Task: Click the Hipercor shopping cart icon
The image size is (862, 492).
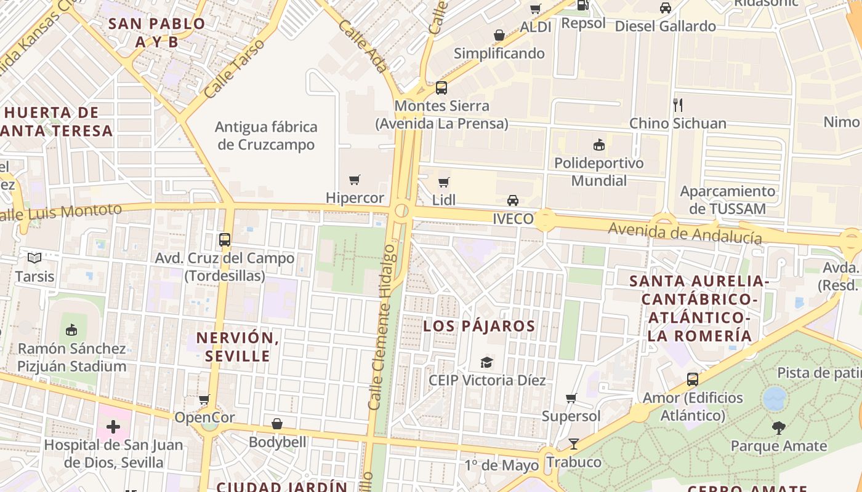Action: point(354,180)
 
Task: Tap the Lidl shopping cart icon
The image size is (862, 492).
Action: point(443,182)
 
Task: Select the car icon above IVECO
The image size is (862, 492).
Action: point(512,200)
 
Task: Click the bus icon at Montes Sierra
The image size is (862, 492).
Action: point(441,88)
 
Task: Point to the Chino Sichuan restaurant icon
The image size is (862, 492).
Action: point(678,105)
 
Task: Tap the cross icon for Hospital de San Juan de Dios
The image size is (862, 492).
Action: point(113,426)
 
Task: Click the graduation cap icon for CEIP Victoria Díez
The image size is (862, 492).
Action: point(487,362)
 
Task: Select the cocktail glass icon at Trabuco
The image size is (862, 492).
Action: point(574,444)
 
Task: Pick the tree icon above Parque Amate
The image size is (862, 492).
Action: point(779,428)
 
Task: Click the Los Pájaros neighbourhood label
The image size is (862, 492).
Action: point(479,326)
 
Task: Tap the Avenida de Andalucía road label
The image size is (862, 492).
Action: point(685,233)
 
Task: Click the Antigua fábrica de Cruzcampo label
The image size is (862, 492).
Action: point(266,136)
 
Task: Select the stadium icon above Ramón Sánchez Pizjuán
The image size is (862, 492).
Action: point(71,330)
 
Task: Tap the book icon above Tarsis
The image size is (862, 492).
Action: point(34,258)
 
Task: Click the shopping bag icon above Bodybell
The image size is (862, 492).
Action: point(277,424)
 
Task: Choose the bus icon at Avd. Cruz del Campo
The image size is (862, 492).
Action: point(225,240)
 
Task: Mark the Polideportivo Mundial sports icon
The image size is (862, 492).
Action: point(598,145)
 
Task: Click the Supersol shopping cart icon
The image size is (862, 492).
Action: point(571,399)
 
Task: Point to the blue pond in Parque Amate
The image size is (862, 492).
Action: point(775,399)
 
